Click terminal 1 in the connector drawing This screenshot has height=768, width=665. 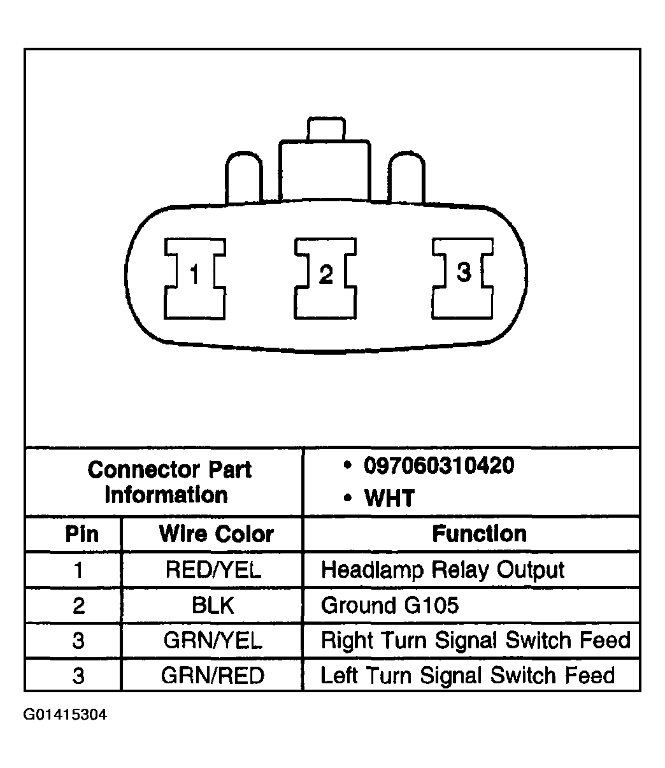(195, 279)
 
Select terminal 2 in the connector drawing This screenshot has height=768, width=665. (325, 279)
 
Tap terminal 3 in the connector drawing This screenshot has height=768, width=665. (463, 279)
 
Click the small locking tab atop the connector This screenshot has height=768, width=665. (326, 129)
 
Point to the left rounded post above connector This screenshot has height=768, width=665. (243, 178)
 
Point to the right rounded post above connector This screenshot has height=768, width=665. (406, 178)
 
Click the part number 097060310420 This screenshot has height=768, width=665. (439, 465)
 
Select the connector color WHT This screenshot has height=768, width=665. (389, 498)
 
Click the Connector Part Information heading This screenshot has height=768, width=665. (169, 482)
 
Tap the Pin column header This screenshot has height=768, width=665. (82, 534)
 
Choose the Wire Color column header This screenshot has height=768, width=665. (217, 534)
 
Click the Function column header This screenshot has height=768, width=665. (479, 534)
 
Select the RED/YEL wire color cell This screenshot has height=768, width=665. (213, 569)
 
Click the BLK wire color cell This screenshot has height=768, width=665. (213, 605)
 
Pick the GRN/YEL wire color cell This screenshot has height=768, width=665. (213, 640)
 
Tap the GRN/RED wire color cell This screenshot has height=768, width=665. (213, 675)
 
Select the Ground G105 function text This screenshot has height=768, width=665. (390, 605)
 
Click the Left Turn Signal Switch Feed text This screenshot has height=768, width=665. (468, 676)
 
